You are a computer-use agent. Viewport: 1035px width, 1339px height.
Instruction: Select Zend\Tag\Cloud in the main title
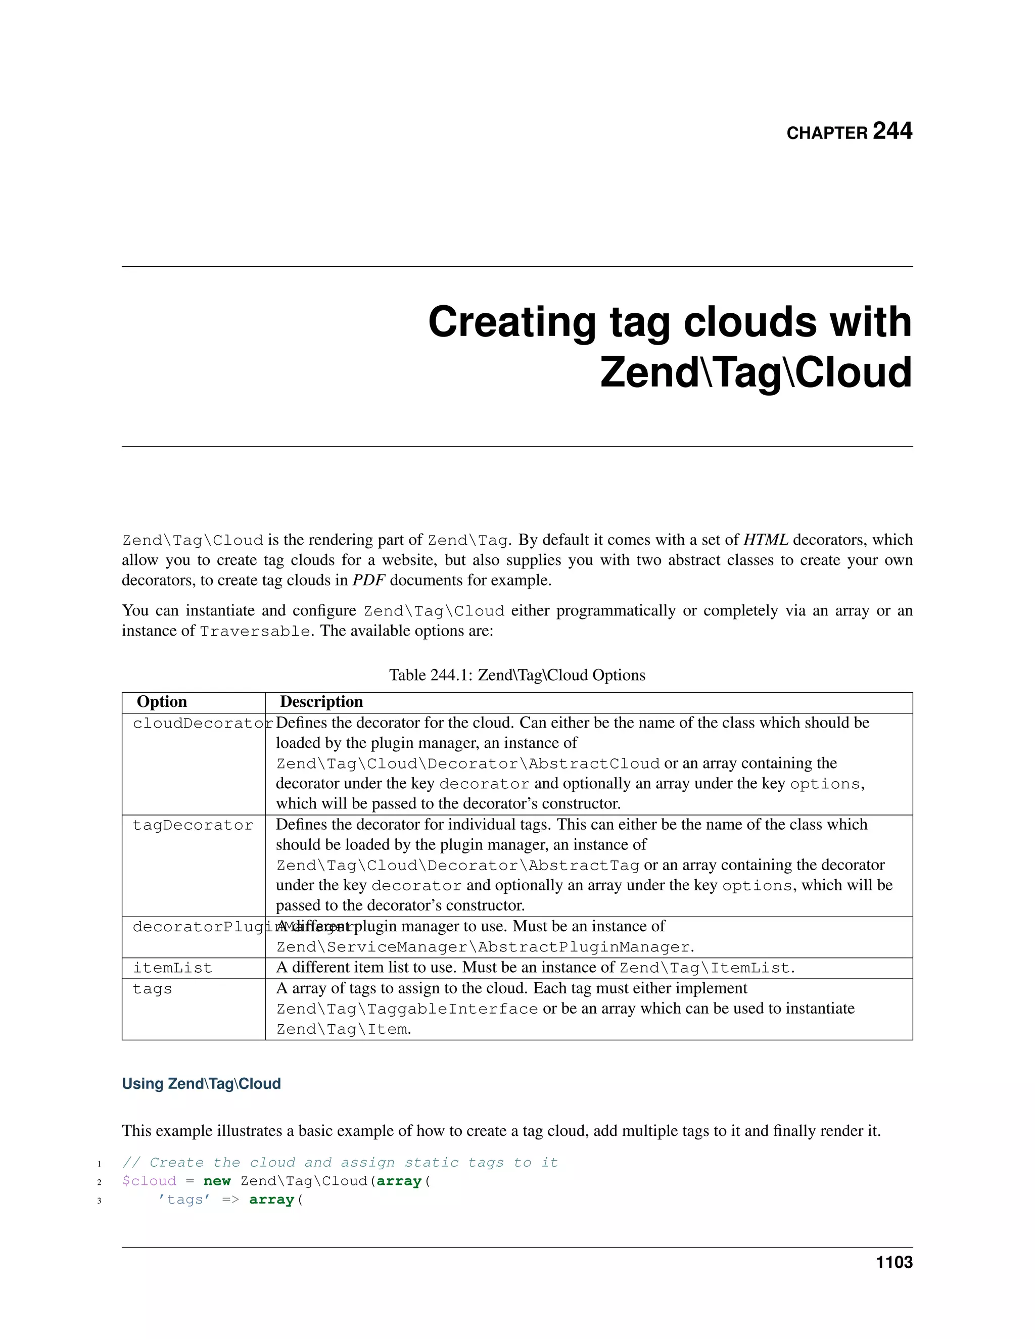coord(756,373)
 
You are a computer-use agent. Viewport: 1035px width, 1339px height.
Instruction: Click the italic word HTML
coord(765,540)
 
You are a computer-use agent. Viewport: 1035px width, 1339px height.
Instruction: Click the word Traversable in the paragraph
coord(255,631)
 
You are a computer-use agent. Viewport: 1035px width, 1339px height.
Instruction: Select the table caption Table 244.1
coord(517,675)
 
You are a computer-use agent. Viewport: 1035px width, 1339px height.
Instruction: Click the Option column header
coord(162,702)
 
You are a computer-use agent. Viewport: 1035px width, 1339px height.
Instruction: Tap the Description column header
coord(321,702)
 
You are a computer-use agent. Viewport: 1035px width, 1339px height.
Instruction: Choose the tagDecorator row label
coord(193,825)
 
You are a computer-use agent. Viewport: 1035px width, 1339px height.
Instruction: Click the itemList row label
coord(172,968)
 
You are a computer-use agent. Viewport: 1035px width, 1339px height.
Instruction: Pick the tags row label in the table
coord(153,989)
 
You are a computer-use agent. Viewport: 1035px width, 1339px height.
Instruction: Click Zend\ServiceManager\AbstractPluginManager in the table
coord(484,947)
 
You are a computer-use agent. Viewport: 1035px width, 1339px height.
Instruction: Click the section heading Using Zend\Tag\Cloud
coord(201,1083)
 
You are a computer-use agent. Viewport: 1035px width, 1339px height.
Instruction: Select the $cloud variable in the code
coord(149,1181)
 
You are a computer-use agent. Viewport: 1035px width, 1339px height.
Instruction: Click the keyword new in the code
coord(217,1181)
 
